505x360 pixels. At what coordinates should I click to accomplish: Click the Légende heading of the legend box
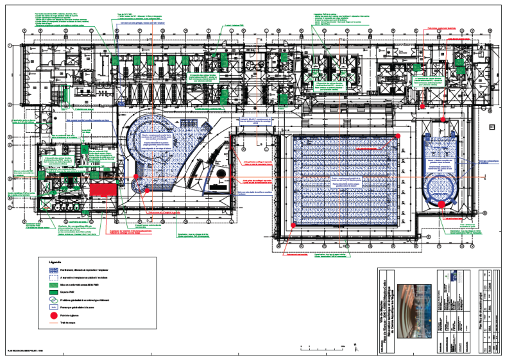point(56,262)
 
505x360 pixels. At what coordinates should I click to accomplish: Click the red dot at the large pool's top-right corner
point(398,137)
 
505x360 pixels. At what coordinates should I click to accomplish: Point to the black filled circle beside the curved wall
point(219,176)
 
